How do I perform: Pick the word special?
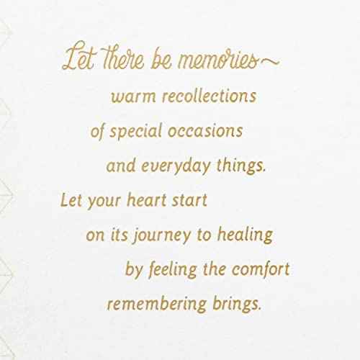136,132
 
